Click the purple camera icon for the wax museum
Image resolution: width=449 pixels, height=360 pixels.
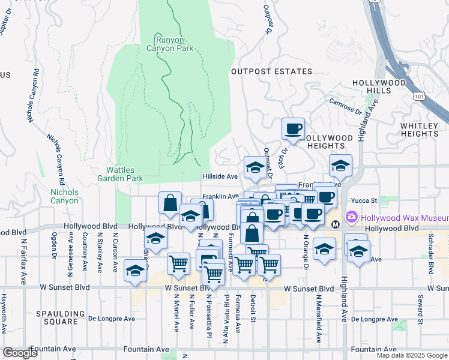[x=351, y=217]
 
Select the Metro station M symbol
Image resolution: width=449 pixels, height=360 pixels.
[x=336, y=224]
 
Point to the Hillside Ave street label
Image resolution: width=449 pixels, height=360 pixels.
[x=220, y=176]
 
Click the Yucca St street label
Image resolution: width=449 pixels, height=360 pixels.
[x=364, y=200]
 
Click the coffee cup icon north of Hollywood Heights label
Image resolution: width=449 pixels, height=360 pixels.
[x=293, y=128]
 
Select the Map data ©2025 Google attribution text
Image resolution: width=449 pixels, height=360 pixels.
[x=412, y=355]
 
